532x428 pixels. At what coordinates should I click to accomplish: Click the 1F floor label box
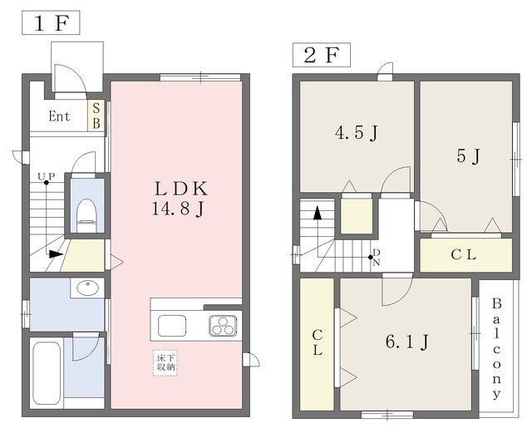click(51, 22)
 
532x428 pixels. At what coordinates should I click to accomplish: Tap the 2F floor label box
click(322, 55)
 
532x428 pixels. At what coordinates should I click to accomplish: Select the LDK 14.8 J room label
click(180, 199)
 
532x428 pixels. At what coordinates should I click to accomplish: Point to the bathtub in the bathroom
click(47, 372)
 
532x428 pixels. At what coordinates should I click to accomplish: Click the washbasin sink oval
click(88, 288)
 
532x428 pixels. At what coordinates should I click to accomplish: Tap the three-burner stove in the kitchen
click(223, 326)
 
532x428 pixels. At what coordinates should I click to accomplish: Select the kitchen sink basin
click(172, 326)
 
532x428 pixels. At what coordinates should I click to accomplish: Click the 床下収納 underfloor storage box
click(165, 363)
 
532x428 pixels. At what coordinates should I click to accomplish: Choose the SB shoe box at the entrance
click(96, 116)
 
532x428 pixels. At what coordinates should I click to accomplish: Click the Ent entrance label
click(59, 116)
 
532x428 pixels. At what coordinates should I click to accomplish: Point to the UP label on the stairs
click(47, 176)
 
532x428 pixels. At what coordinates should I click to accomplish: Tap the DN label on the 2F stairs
click(377, 258)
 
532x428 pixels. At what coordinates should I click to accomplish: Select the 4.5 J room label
click(357, 133)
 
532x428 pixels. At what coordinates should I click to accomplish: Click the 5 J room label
click(468, 156)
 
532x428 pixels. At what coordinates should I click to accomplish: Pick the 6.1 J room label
click(406, 342)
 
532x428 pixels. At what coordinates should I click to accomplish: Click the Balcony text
click(496, 349)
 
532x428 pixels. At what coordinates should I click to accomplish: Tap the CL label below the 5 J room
click(464, 254)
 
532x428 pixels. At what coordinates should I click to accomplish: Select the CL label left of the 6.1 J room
click(318, 342)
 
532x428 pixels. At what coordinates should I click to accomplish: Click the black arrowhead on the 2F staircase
click(318, 213)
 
